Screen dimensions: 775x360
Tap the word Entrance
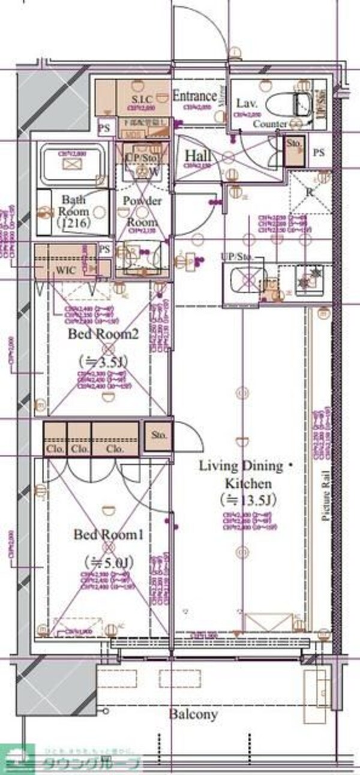tap(194, 96)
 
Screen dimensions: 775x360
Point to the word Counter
tap(269, 124)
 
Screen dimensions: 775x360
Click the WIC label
tap(65, 270)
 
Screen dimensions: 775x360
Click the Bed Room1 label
tap(108, 534)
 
